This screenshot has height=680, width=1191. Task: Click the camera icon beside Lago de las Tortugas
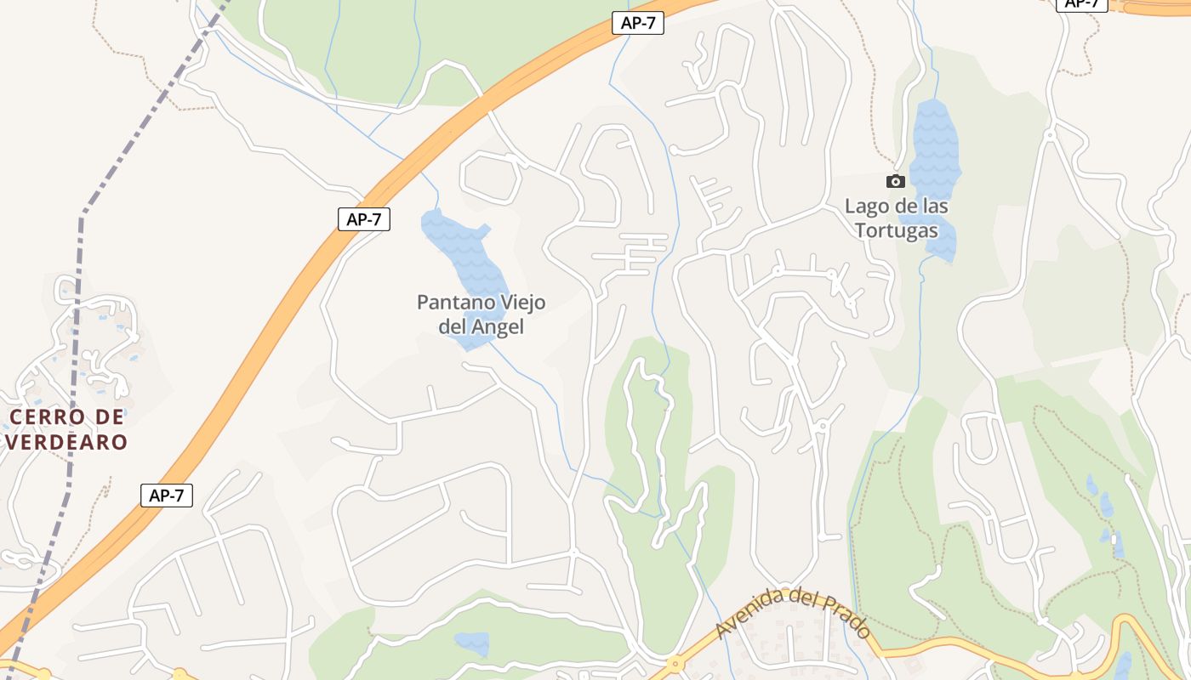[x=895, y=181]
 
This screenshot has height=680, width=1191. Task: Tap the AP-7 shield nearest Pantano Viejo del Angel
[x=364, y=219]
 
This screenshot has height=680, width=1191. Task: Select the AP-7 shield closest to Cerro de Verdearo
[x=167, y=496]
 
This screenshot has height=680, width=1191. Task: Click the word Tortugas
[x=897, y=230]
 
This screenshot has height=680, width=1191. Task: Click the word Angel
[x=497, y=326]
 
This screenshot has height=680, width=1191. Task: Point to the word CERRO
[x=47, y=417]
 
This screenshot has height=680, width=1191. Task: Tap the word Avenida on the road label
[x=749, y=615]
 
